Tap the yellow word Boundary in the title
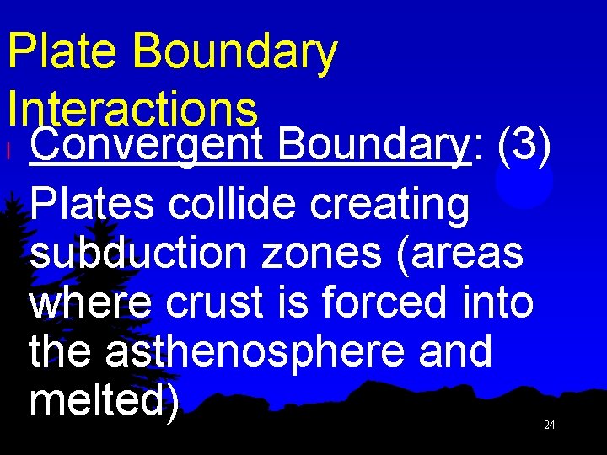click(234, 52)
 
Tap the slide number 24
click(549, 426)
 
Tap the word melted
click(99, 399)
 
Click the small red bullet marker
click(8, 152)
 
